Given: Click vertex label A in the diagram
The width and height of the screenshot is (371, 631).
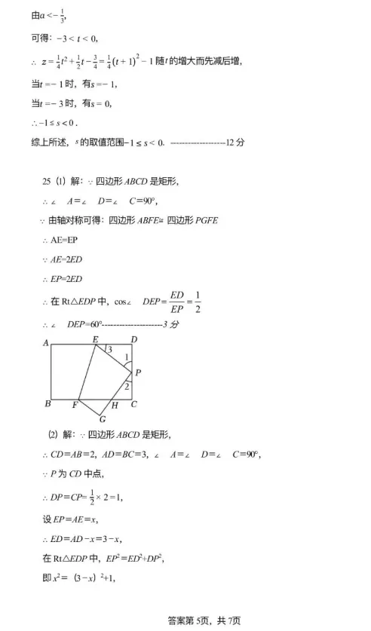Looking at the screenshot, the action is [47, 343].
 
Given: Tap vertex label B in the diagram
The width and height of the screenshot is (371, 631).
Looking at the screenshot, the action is [47, 405].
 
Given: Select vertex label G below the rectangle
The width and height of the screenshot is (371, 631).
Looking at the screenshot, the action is [102, 418].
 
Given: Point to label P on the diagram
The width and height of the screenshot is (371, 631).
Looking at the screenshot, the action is [138, 372].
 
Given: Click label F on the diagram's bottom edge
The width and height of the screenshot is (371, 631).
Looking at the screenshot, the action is [75, 406].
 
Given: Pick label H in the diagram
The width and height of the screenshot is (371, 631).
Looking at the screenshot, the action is [115, 406].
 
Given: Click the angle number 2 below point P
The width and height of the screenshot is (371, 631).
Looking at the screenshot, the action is [127, 385].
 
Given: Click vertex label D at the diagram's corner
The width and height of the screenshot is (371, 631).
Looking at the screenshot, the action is [133, 340].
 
